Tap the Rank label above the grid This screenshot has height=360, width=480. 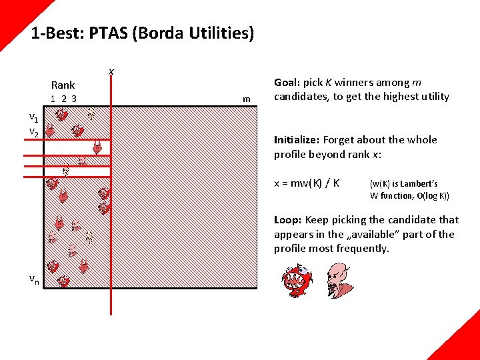click(x=63, y=85)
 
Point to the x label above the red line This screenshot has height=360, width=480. click(x=111, y=71)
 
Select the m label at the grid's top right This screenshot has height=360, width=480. click(x=247, y=99)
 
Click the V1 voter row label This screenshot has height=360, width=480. click(x=33, y=118)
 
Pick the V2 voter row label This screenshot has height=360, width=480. click(x=33, y=133)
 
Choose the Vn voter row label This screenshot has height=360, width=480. click(x=33, y=280)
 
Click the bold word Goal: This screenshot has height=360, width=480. click(x=287, y=83)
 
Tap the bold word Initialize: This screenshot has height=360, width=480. click(x=297, y=139)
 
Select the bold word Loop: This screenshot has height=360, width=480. click(x=287, y=219)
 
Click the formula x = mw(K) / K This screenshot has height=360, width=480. click(x=307, y=183)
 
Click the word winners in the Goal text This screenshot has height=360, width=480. click(x=355, y=83)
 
